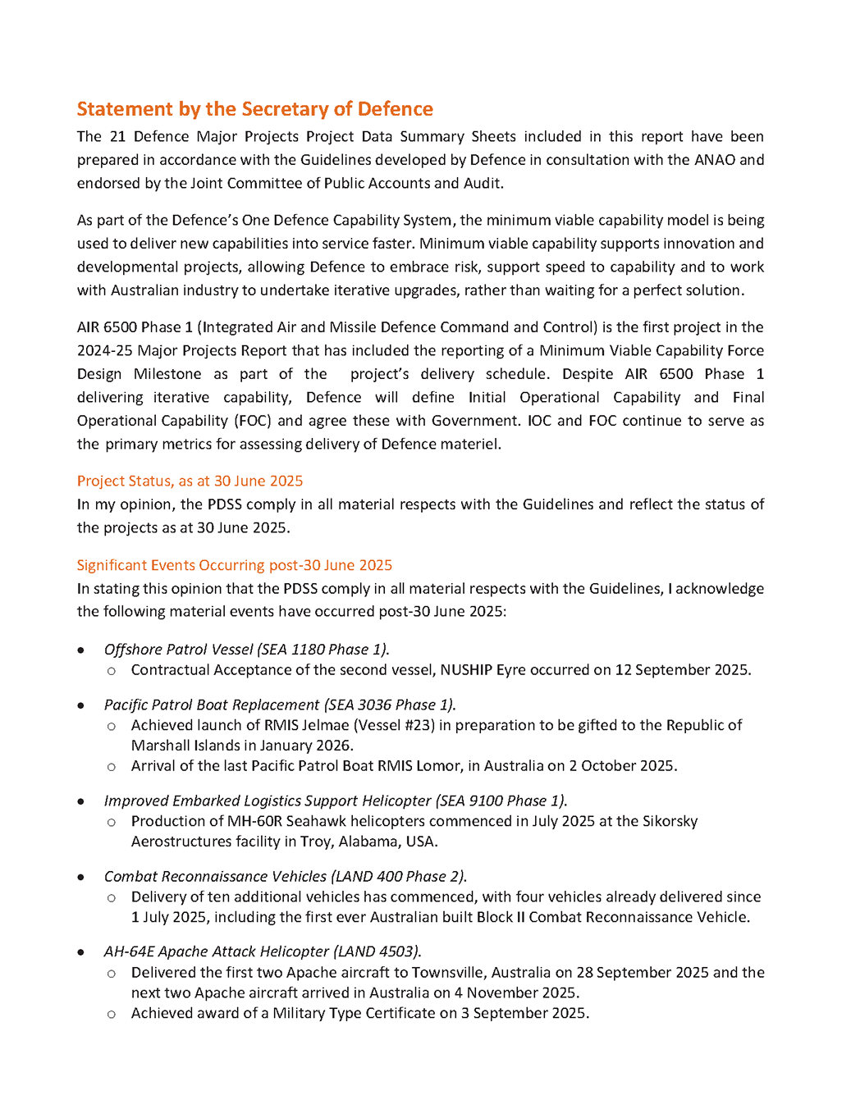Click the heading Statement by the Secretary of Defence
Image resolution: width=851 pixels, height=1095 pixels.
[254, 109]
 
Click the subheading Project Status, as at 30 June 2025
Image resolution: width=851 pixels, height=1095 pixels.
[190, 481]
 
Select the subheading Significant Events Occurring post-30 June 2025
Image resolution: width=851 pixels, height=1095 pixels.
[234, 565]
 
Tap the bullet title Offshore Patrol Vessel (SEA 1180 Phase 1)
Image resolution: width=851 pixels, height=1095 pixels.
[246, 650]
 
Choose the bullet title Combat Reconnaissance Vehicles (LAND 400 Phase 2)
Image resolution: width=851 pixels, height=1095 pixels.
[285, 877]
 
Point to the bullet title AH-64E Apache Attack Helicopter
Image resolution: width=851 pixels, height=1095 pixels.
[217, 951]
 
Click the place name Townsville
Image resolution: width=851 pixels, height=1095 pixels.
[450, 973]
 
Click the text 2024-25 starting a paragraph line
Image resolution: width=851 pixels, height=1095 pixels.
[103, 351]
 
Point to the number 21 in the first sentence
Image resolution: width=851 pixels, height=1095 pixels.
[117, 137]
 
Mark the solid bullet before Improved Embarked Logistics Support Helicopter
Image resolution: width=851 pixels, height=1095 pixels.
[80, 801]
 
